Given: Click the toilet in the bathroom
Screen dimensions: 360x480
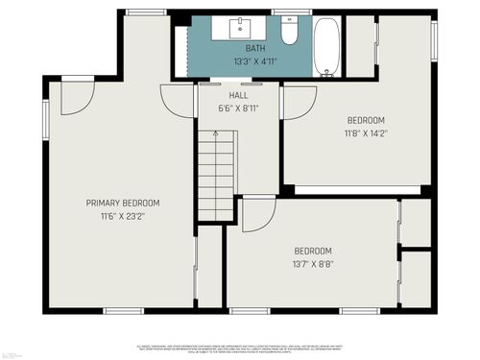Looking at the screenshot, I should [x=289, y=32].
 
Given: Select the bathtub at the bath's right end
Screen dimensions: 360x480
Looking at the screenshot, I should [x=326, y=45].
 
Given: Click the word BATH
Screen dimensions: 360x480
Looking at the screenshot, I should [x=255, y=48].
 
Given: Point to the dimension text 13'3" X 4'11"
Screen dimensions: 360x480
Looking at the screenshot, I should [x=255, y=60].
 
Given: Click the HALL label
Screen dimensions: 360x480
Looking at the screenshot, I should [x=238, y=97].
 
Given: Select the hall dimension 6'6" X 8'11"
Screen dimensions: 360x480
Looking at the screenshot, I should [x=238, y=108].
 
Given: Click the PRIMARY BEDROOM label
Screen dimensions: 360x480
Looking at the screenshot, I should [x=123, y=203].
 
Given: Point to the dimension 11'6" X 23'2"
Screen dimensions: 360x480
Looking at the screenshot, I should [x=123, y=216].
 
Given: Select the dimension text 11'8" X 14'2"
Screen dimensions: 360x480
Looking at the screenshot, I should [x=365, y=133].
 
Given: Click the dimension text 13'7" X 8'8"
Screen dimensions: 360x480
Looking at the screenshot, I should [x=313, y=264].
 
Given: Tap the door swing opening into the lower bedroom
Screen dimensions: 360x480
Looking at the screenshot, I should [x=256, y=214].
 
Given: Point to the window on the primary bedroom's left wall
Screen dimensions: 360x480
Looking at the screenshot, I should [x=45, y=121].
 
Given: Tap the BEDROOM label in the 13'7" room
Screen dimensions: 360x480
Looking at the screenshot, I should [x=313, y=252].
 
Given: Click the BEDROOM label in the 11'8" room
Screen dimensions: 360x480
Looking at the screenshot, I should [x=365, y=121].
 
